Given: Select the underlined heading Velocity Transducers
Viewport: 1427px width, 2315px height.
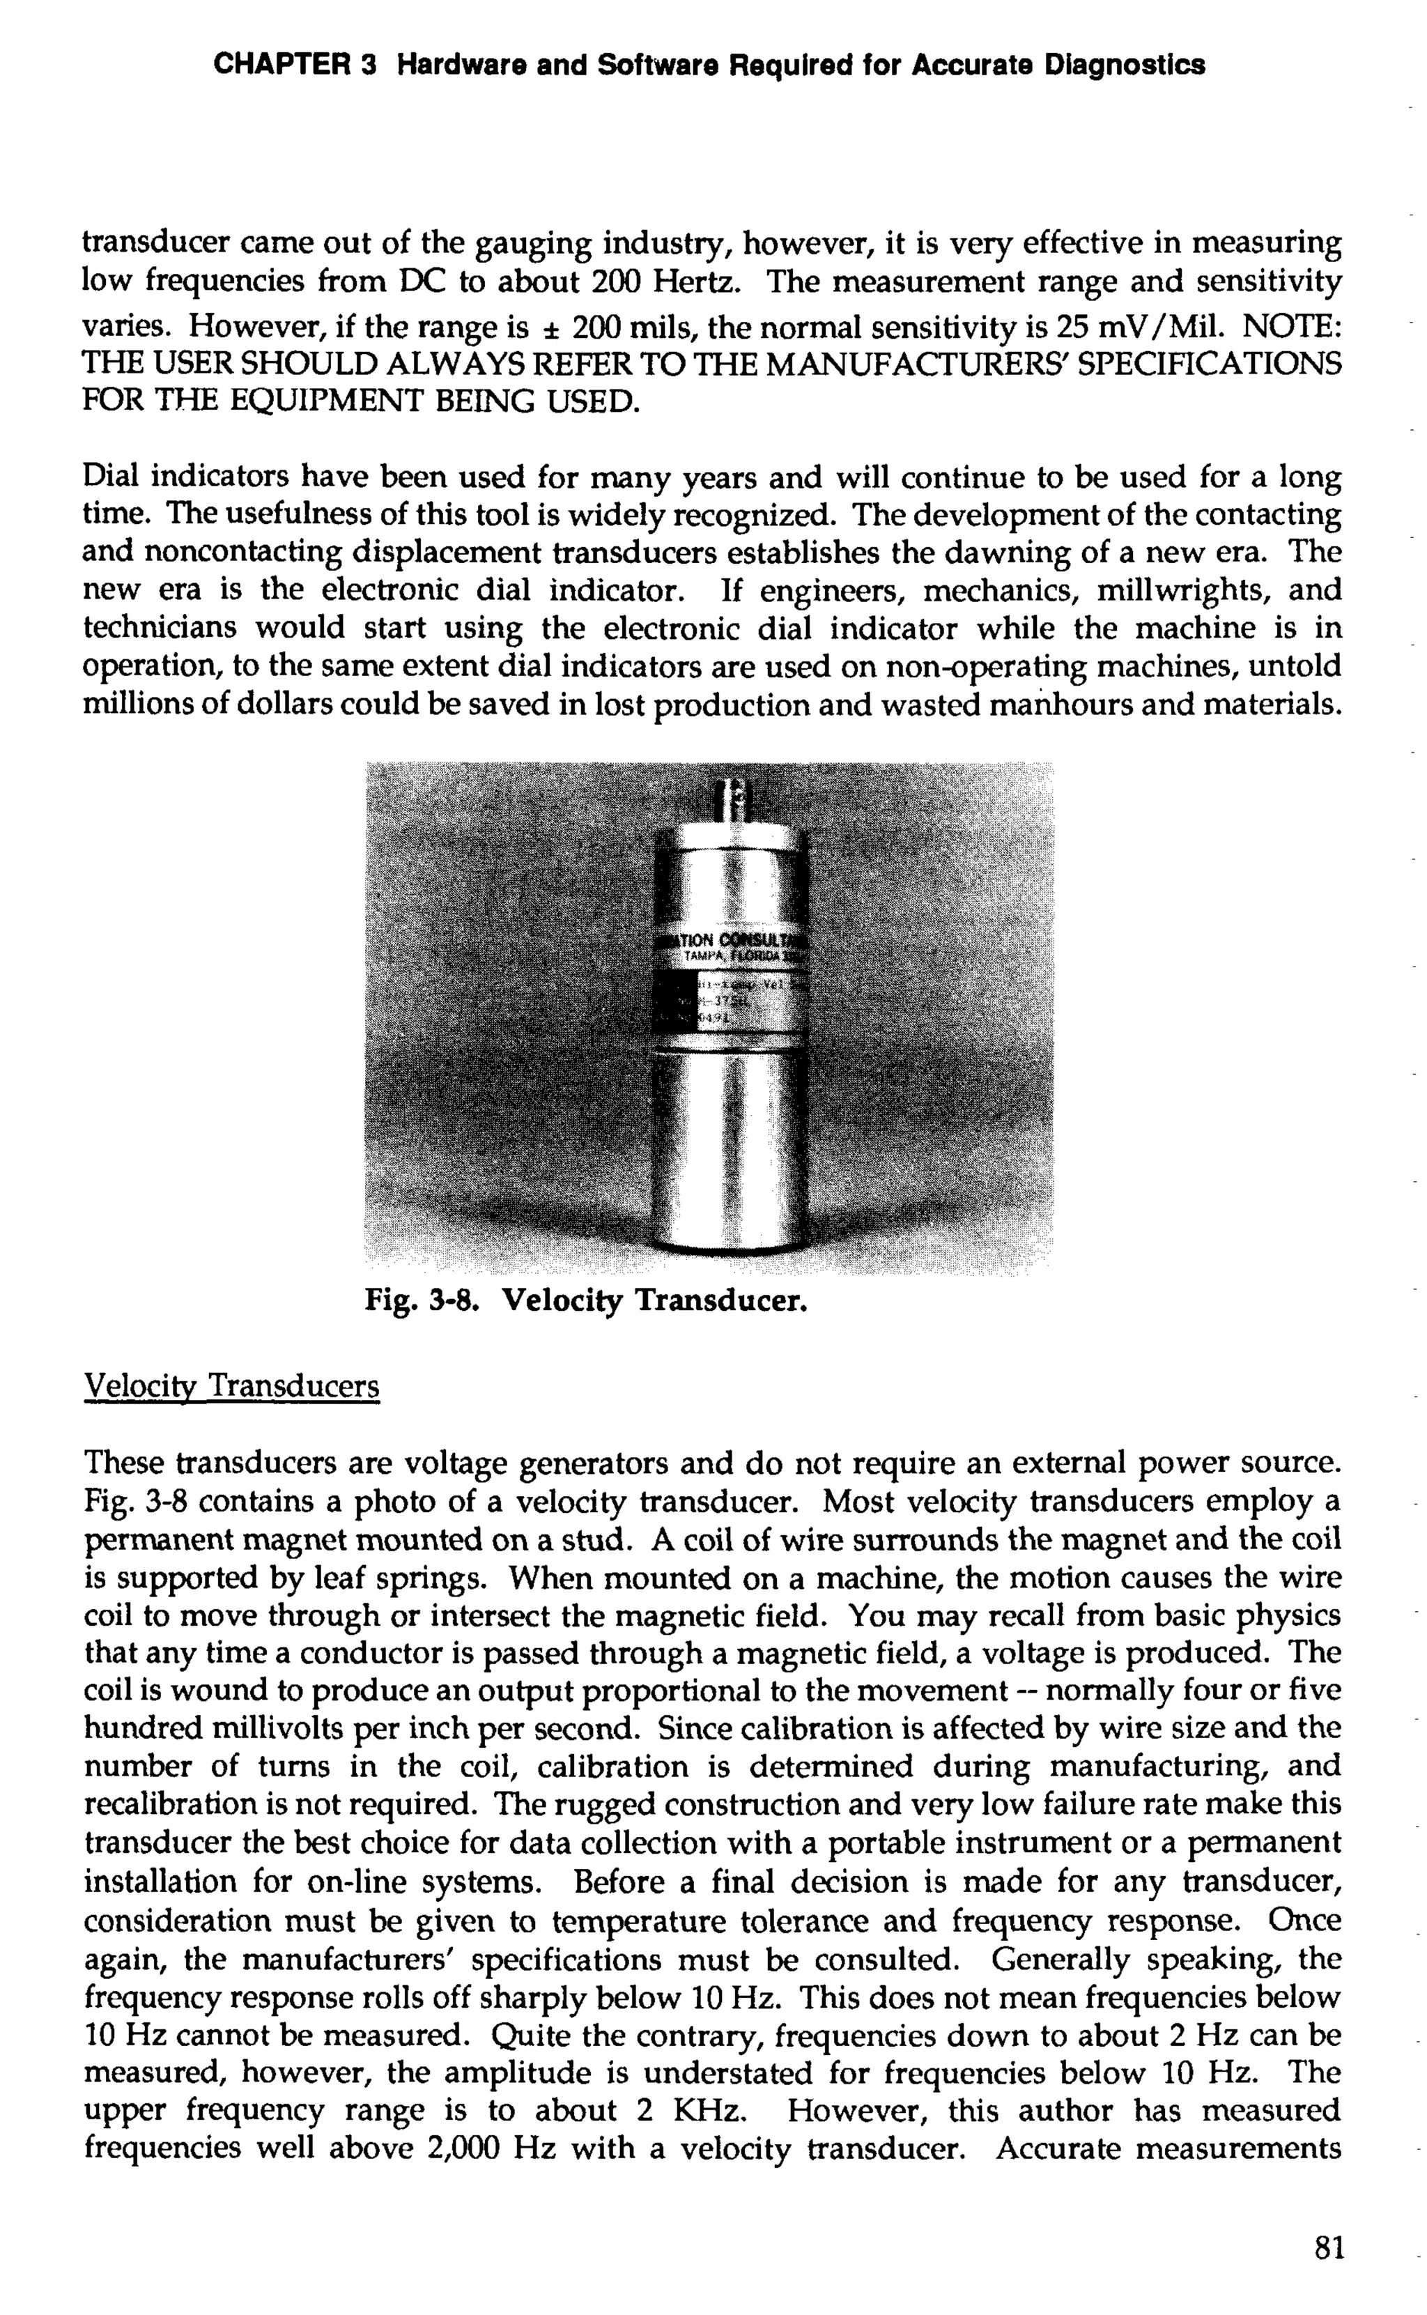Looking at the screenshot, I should click(x=231, y=1386).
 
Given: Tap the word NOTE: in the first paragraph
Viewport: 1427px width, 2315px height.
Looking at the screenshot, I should click(x=1291, y=325).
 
